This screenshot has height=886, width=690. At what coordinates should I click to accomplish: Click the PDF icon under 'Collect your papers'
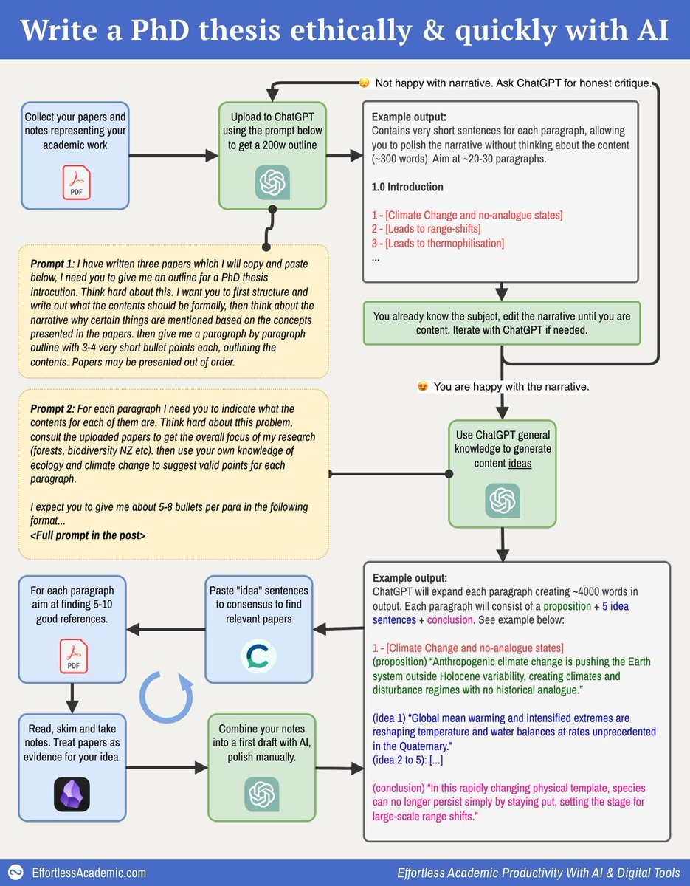click(75, 182)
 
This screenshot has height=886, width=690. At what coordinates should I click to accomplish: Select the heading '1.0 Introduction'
click(407, 187)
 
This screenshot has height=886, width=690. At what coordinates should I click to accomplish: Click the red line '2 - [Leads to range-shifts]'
click(426, 229)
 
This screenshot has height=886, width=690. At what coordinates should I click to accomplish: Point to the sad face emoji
click(364, 83)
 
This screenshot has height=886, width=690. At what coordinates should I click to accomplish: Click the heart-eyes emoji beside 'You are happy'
click(423, 386)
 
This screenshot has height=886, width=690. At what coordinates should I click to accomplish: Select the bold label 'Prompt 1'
click(55, 264)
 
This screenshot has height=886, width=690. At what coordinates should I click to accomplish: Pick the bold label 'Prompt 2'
click(55, 408)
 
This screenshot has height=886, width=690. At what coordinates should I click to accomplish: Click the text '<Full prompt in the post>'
click(88, 535)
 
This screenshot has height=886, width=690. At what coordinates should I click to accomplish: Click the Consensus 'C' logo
click(258, 655)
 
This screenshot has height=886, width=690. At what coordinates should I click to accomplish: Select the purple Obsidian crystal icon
click(72, 794)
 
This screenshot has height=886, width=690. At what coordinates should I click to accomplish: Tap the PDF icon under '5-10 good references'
click(72, 655)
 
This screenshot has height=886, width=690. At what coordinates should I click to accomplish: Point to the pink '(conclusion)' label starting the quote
click(402, 786)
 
